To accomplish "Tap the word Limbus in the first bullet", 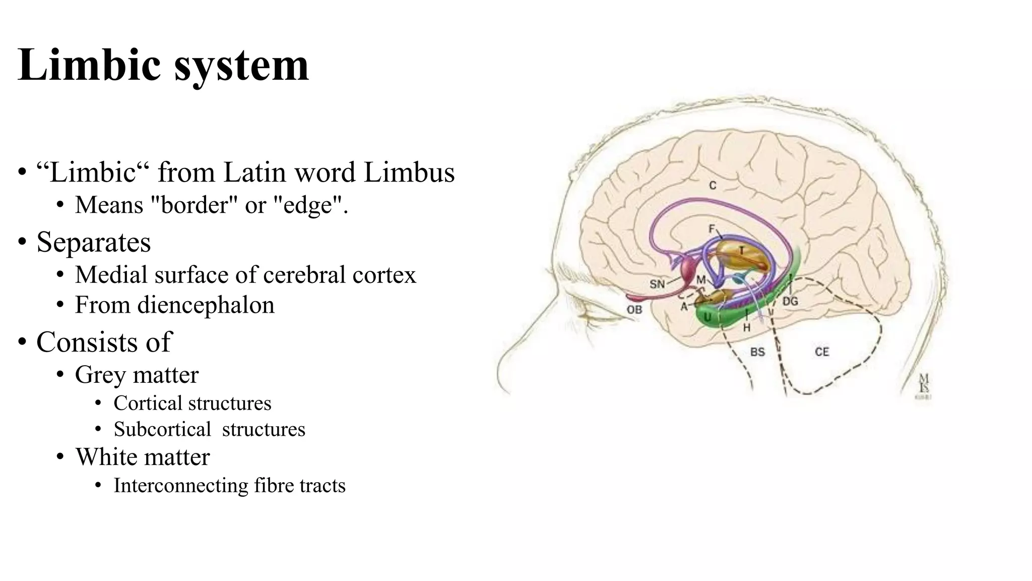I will pyautogui.click(x=409, y=172).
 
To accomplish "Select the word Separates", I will pyautogui.click(x=93, y=242).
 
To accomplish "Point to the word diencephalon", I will pyautogui.click(x=206, y=305).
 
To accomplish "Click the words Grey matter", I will pyautogui.click(x=137, y=375).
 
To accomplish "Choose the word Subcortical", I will pyautogui.click(x=162, y=430).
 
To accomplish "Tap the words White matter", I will pyautogui.click(x=142, y=457).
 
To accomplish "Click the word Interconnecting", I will pyautogui.click(x=181, y=486).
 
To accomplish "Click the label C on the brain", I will pyautogui.click(x=713, y=186).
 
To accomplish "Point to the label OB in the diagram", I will pyautogui.click(x=634, y=310).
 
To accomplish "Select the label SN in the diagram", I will pyautogui.click(x=657, y=284).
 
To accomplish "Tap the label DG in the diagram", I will pyautogui.click(x=790, y=301).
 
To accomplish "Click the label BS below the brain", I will pyautogui.click(x=757, y=352).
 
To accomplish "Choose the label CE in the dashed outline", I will pyautogui.click(x=822, y=352).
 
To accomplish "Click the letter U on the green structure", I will pyautogui.click(x=707, y=317).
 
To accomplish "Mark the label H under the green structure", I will pyautogui.click(x=746, y=328).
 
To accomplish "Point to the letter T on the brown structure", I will pyautogui.click(x=741, y=251).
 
